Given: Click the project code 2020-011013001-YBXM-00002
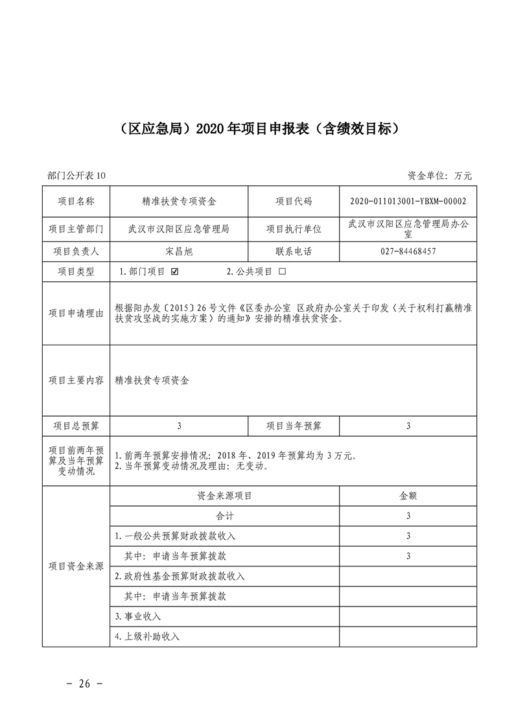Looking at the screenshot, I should point(408,202).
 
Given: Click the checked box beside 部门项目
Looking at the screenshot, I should point(174,272).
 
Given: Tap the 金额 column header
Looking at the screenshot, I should point(408,496).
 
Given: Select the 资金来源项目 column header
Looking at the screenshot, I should point(224,496).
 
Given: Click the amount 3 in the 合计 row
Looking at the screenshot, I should point(408,516).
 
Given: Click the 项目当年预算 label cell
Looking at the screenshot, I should point(294,426).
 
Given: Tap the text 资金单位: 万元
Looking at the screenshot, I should point(440,176).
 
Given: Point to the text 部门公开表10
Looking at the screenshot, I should point(76,176).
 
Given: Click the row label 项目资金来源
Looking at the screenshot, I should point(76,566).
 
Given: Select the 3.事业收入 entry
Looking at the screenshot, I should point(137,616).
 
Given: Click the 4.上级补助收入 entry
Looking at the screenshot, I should point(147,636).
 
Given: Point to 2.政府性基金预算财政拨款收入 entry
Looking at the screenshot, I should point(180,576).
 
